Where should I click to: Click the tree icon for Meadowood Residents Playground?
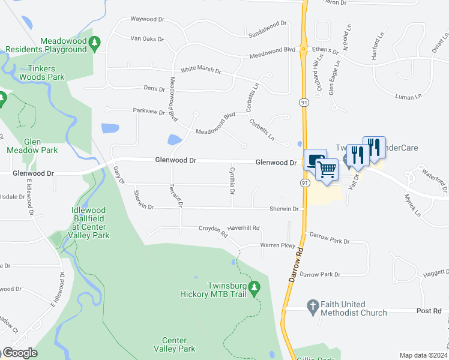95,43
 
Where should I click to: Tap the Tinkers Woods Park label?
41,73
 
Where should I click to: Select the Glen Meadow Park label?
25,145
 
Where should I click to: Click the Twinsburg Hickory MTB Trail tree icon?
254,289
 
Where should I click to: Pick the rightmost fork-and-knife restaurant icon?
373,147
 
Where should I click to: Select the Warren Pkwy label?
278,245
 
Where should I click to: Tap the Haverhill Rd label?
243,228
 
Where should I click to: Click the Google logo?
19,353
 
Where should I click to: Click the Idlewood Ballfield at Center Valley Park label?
91,223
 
